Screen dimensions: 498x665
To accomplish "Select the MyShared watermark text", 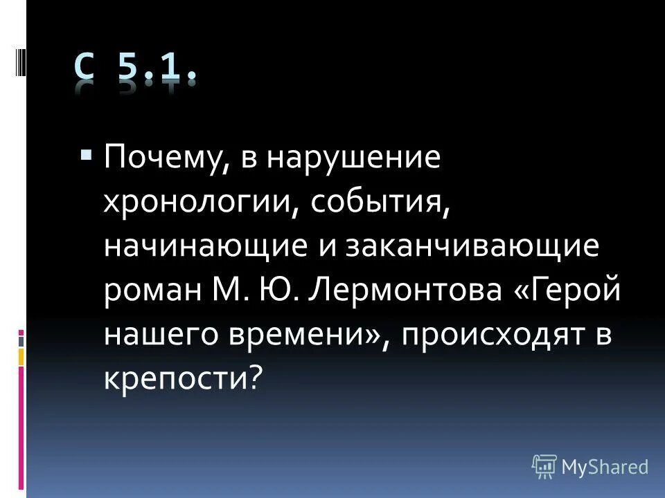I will (x=605, y=467).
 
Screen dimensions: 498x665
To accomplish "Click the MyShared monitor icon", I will (x=544, y=467).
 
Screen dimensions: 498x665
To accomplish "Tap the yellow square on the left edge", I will (x=21, y=356).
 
